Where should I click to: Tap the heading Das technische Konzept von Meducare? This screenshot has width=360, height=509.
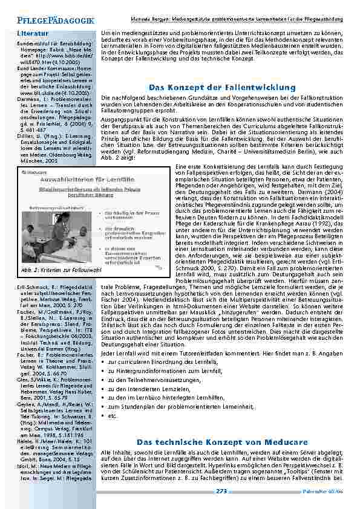click(221, 443)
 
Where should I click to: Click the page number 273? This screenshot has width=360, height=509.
click(221, 491)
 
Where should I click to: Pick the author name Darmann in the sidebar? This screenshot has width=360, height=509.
click(28, 99)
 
